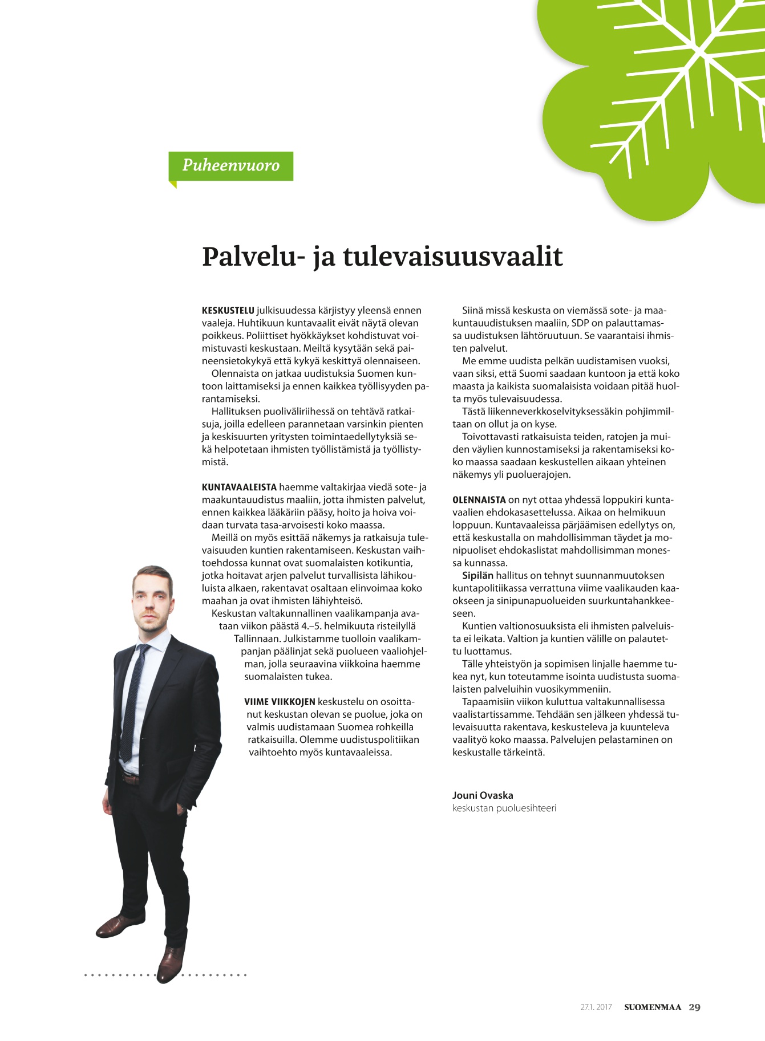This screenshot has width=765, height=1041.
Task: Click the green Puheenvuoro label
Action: point(230,166)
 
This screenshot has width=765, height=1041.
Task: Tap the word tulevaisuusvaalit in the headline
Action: point(452,257)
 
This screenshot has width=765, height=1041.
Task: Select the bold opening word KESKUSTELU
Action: point(228,311)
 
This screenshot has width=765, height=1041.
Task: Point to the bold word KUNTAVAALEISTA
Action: point(239,487)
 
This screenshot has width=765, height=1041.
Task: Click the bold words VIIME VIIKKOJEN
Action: point(280,702)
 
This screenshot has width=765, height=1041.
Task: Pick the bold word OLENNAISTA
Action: point(479,500)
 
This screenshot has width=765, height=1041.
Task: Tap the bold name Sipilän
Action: point(477,576)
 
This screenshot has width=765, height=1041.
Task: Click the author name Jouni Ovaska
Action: point(483,795)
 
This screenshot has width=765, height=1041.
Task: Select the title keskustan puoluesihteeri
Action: point(504,808)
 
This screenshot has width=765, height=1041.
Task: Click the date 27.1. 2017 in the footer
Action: point(596,1007)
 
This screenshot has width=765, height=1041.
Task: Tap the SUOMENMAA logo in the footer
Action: point(652,1007)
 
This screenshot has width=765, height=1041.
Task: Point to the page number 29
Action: point(694,1007)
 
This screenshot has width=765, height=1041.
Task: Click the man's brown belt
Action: point(130,778)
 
